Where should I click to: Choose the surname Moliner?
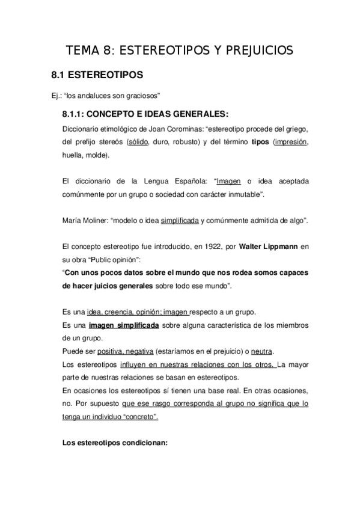(x=92, y=221)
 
